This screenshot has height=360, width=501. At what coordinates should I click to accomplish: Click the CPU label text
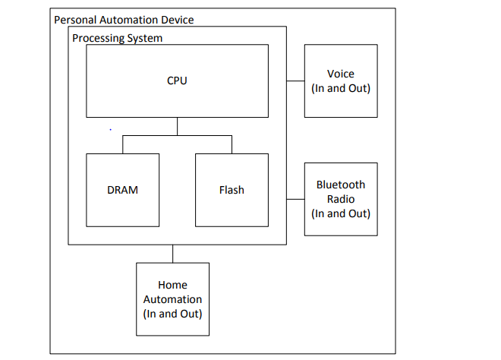coord(177,81)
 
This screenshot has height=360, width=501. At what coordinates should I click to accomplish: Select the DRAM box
coord(122,190)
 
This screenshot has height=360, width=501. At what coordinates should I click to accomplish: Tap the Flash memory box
coord(232,190)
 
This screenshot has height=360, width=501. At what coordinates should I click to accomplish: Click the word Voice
coord(341,74)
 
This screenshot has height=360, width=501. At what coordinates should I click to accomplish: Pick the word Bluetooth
coord(341,185)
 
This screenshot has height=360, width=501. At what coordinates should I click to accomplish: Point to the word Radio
coord(341,199)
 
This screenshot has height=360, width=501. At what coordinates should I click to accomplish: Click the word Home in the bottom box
coord(172,286)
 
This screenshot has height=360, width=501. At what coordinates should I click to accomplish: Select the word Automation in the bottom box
coord(172,299)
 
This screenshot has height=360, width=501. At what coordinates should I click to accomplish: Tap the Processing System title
coord(117,38)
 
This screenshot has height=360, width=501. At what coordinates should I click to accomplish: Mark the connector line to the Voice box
coord(295,81)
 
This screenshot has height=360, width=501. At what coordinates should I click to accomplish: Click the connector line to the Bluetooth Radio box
coord(295,199)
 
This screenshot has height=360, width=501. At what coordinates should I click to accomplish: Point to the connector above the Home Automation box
coord(172,254)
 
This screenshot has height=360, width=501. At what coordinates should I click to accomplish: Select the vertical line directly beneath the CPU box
coord(177,127)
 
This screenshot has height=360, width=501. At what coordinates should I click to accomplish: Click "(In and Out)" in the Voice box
coord(341,88)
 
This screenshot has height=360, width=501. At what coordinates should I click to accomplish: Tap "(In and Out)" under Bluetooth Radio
coord(341,213)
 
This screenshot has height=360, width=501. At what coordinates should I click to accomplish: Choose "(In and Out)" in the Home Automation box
coord(172,314)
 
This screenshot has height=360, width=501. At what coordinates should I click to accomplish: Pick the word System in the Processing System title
coord(144,38)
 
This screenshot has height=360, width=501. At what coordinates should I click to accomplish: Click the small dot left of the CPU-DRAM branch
coord(111,130)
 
